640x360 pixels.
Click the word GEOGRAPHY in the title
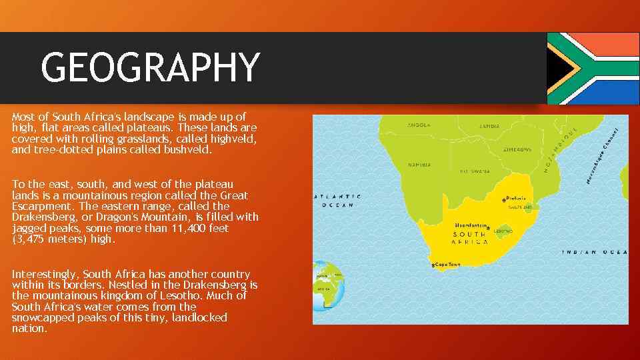pyautogui.click(x=150, y=67)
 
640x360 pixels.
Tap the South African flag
pyautogui.click(x=593, y=68)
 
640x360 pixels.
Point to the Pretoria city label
pyautogui.click(x=517, y=198)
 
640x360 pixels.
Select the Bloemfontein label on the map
pyautogui.click(x=472, y=225)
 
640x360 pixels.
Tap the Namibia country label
pyautogui.click(x=420, y=164)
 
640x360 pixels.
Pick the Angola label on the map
pyautogui.click(x=419, y=125)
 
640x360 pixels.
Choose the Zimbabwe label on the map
pyautogui.click(x=517, y=149)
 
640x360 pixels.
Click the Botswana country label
pyautogui.click(x=475, y=171)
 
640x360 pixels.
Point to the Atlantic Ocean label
pyautogui.click(x=338, y=201)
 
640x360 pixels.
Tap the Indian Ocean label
pyautogui.click(x=595, y=252)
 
